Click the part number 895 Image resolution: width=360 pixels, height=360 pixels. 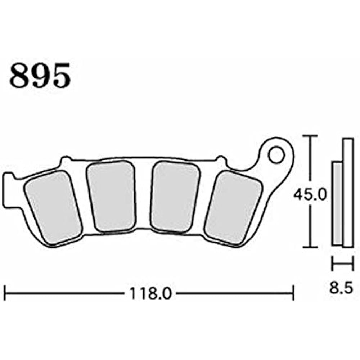[40, 76]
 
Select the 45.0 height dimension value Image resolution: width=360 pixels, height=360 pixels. [310, 195]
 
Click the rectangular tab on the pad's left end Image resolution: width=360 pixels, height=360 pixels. [8, 191]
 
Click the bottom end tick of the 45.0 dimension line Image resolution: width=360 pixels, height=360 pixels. [310, 247]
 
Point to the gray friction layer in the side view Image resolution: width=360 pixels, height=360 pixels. [337, 203]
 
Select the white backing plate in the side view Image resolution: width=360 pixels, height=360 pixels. [347, 193]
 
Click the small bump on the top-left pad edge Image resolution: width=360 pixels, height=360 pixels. [65, 159]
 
